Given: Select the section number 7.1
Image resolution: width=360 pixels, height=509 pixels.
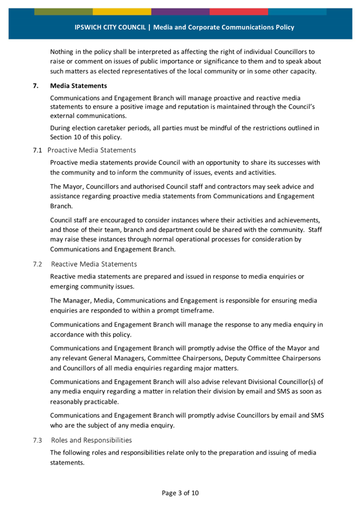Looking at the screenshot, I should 37,150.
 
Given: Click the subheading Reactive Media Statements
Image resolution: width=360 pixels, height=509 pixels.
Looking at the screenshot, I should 94,264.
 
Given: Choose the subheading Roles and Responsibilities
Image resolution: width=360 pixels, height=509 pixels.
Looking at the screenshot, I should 92,440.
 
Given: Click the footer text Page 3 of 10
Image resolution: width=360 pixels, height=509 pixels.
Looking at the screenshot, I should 180,492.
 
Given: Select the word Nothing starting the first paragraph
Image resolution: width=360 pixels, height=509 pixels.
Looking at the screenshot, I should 63,52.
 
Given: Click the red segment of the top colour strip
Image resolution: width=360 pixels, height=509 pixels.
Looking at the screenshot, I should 238,12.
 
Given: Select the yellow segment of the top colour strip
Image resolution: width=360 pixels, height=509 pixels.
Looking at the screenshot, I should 122,12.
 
